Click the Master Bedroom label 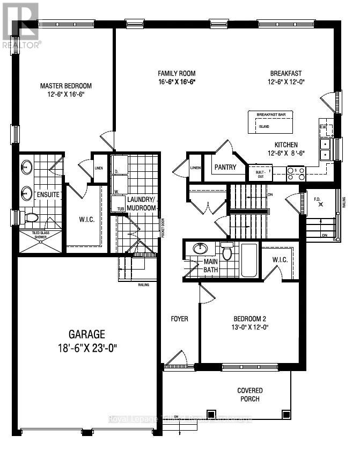click(x=66, y=85)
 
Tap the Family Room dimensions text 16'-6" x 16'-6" click(x=176, y=82)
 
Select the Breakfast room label click(x=286, y=74)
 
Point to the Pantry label click(x=225, y=167)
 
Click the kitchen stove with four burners click(x=296, y=173)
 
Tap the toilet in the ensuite click(x=32, y=217)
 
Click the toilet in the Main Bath click(x=227, y=252)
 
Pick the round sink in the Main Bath click(x=201, y=249)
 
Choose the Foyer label click(x=179, y=319)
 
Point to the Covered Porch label click(x=250, y=395)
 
